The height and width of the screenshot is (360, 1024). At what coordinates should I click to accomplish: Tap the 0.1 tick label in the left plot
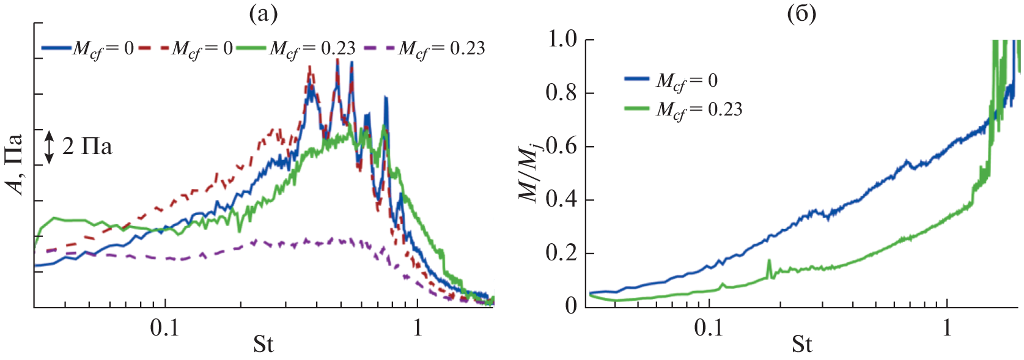point(165,328)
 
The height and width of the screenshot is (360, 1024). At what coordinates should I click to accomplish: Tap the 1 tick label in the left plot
point(418,328)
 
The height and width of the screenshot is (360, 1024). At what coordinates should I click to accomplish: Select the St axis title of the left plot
point(263,345)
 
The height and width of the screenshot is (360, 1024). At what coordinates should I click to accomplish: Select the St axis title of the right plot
point(801,345)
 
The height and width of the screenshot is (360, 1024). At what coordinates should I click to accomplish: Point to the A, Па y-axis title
point(17,164)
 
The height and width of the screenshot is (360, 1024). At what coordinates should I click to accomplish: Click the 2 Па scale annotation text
point(87,147)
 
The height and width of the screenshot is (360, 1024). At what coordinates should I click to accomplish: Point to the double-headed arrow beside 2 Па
point(49,147)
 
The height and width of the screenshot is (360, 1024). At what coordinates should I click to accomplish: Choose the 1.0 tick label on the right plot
point(562,40)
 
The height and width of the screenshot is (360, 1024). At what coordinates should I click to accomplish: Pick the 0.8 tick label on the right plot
point(562,93)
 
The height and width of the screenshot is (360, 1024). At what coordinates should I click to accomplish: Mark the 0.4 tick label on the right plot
point(562,200)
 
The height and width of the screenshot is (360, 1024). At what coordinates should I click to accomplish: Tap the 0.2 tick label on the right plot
point(562,253)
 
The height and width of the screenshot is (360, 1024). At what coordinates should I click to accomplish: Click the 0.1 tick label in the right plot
point(709,328)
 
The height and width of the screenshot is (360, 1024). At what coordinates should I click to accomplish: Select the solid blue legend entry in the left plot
point(88,48)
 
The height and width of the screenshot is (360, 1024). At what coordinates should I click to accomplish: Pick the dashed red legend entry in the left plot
point(186,48)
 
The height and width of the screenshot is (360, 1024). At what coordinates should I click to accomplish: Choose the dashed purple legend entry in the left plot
point(424,48)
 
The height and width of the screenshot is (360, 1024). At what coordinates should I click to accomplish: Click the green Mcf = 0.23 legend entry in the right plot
point(683,109)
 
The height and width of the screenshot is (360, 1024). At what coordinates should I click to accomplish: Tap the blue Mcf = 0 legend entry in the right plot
point(671,81)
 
